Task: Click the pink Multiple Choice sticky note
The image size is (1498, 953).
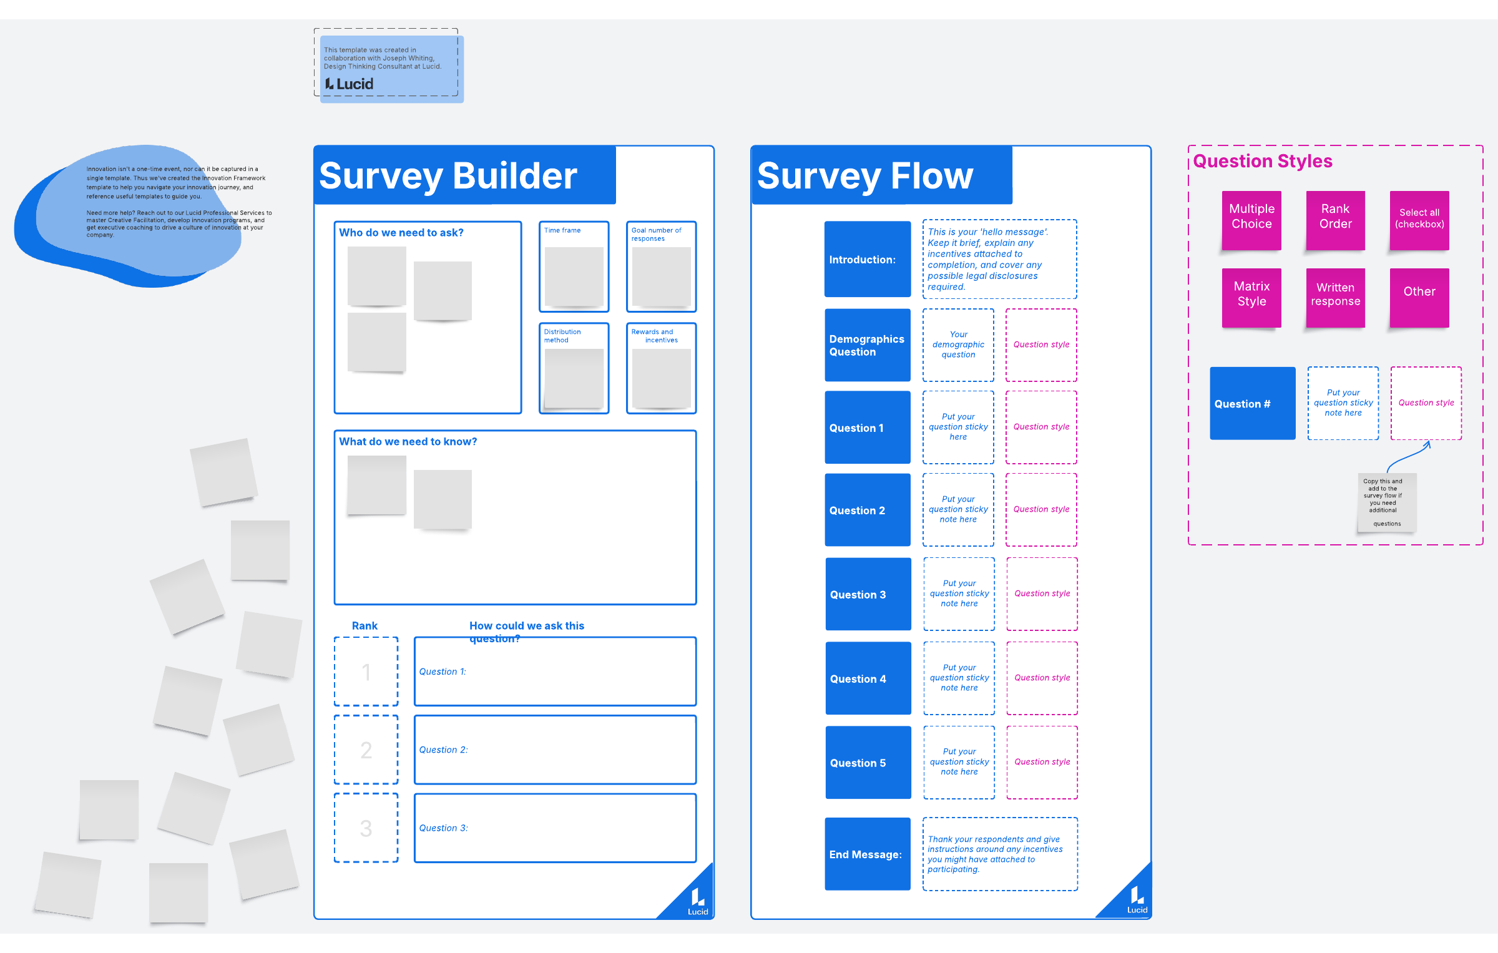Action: pos(1251,220)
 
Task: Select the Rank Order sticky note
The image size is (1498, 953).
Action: pos(1335,220)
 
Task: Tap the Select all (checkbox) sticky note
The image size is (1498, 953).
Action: pos(1419,220)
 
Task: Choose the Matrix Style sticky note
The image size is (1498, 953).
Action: pos(1251,298)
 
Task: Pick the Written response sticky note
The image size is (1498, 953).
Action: pos(1335,298)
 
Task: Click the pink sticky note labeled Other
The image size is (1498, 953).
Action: pos(1419,298)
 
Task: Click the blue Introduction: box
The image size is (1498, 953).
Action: pos(867,259)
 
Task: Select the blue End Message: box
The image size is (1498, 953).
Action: pos(867,854)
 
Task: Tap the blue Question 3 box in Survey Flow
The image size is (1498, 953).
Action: pos(868,594)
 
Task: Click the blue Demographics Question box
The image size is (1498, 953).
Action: pos(867,345)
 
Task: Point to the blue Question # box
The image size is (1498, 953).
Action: pos(1252,404)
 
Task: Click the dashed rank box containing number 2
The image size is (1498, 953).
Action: pos(366,750)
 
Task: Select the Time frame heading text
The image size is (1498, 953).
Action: pos(562,230)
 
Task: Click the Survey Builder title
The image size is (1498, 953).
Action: pos(448,176)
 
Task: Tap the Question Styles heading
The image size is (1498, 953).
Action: pos(1263,161)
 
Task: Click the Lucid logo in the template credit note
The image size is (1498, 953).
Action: pos(350,84)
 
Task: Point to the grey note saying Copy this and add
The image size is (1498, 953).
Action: pos(1386,502)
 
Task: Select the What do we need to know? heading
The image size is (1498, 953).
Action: pos(408,441)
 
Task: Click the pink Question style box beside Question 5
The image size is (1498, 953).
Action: pos(1042,762)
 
